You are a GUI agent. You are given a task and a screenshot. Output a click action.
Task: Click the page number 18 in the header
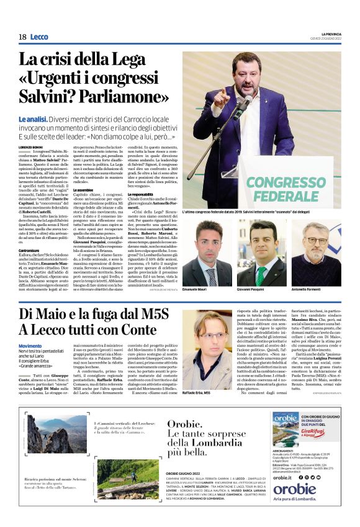(22, 37)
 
